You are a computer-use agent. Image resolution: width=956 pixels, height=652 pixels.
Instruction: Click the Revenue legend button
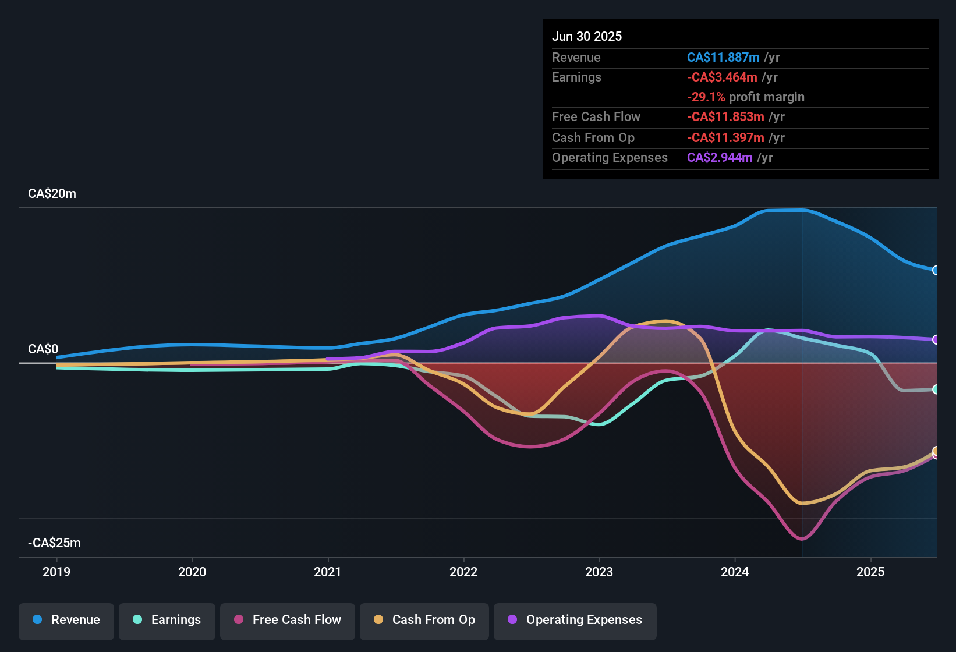coord(66,620)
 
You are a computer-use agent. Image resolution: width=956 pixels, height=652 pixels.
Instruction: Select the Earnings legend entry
coord(167,620)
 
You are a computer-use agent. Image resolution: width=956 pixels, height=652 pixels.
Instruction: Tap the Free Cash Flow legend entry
coord(287,620)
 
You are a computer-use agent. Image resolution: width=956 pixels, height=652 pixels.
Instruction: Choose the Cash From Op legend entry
coord(424,620)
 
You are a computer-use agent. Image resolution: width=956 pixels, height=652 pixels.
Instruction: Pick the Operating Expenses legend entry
coord(575,620)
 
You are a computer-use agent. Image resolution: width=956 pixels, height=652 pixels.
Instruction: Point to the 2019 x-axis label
coord(56,572)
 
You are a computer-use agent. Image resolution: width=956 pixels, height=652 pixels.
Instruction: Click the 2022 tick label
coord(463,572)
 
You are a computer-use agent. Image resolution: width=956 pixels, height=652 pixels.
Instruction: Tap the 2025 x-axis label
coord(870,572)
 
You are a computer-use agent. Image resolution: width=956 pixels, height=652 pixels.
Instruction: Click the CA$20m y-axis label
coord(52,194)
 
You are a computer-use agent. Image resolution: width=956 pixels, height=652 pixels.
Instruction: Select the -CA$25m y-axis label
coord(54,543)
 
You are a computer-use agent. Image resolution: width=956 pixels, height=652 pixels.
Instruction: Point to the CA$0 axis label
coord(43,349)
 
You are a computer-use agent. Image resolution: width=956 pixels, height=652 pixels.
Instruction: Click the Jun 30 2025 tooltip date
coord(587,37)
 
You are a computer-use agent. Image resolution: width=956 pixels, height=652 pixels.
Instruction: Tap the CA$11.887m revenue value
coord(723,58)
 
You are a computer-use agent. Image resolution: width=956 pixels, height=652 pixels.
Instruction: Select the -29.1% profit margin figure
coord(706,97)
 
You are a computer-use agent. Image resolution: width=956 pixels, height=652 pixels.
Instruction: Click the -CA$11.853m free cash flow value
coord(725,117)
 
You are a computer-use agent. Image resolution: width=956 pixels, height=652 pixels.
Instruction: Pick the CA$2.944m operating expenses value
coord(720,158)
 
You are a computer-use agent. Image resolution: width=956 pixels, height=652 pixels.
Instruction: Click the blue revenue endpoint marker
coord(936,270)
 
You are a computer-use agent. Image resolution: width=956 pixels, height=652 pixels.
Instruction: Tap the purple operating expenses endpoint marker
coord(936,339)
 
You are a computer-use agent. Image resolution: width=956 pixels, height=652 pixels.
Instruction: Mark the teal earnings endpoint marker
coord(936,389)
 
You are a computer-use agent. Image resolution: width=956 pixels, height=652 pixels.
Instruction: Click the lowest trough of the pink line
coord(802,539)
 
